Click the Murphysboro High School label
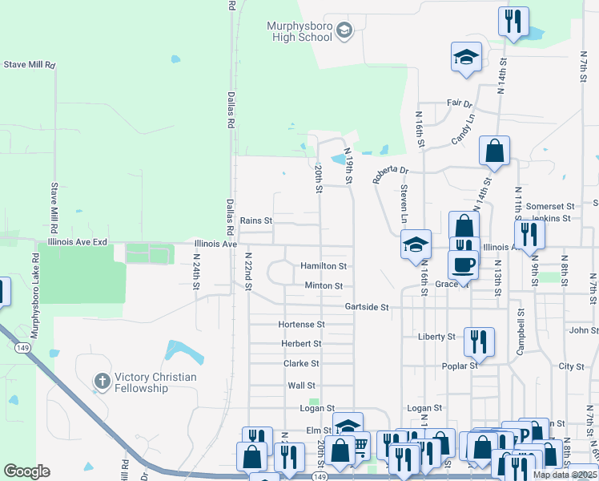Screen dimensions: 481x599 pos(299,31)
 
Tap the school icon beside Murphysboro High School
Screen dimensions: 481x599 pos(344,31)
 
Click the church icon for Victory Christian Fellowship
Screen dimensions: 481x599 pos(101,382)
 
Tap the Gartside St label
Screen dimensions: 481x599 pos(366,307)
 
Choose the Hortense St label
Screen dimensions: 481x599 pos(301,325)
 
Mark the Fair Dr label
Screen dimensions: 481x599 pos(459,104)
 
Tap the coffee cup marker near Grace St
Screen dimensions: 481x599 pos(464,265)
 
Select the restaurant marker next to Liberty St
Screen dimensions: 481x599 pos(479,340)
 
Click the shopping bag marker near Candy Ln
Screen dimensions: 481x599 pos(495,150)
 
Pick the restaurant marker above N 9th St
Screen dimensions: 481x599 pos(529,233)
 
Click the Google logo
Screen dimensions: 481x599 pos(26,471)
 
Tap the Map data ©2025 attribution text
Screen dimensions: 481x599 pos(565,475)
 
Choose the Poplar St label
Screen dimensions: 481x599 pos(460,365)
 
